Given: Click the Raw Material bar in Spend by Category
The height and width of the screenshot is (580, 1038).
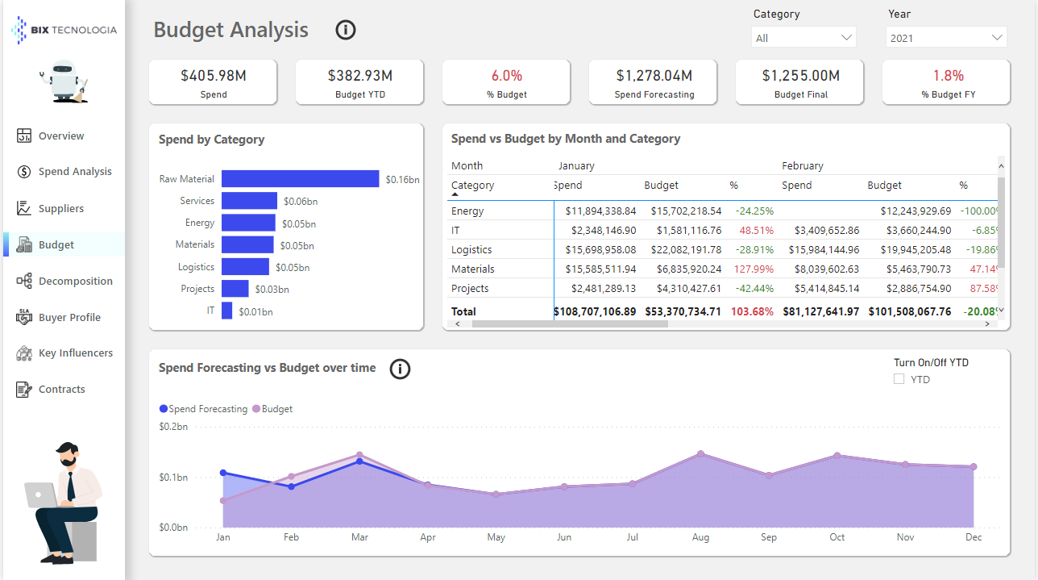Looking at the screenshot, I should [300, 179].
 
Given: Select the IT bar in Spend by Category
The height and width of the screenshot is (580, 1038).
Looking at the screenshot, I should [227, 311].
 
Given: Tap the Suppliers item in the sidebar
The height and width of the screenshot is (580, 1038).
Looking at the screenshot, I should [60, 208].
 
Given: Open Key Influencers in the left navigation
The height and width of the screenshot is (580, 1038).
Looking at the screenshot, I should [75, 353].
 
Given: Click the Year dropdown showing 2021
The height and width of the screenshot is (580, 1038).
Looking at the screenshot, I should [946, 38].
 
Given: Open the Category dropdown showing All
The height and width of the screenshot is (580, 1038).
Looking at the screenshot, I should [803, 38].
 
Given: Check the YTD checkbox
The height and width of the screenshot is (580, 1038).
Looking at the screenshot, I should [899, 379].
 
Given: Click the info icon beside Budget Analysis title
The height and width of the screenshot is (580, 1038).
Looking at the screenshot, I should [346, 31].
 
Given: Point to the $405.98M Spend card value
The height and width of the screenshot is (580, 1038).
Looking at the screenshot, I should [213, 76].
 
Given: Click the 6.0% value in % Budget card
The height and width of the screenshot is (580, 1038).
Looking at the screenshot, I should [507, 76].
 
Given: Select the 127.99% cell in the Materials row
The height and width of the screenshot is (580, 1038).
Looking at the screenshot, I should [754, 269].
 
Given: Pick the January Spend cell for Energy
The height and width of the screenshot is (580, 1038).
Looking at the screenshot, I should [600, 211].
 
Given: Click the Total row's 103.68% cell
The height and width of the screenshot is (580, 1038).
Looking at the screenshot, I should [752, 311].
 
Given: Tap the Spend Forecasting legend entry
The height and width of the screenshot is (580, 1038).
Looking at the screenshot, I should [207, 409].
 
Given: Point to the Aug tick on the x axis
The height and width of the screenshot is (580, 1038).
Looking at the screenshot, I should [700, 537].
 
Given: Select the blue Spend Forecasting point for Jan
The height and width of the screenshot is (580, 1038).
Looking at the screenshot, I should [223, 474].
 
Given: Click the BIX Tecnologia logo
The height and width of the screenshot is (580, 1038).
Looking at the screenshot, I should [64, 30].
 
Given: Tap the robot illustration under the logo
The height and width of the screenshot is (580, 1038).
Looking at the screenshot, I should [64, 82].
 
